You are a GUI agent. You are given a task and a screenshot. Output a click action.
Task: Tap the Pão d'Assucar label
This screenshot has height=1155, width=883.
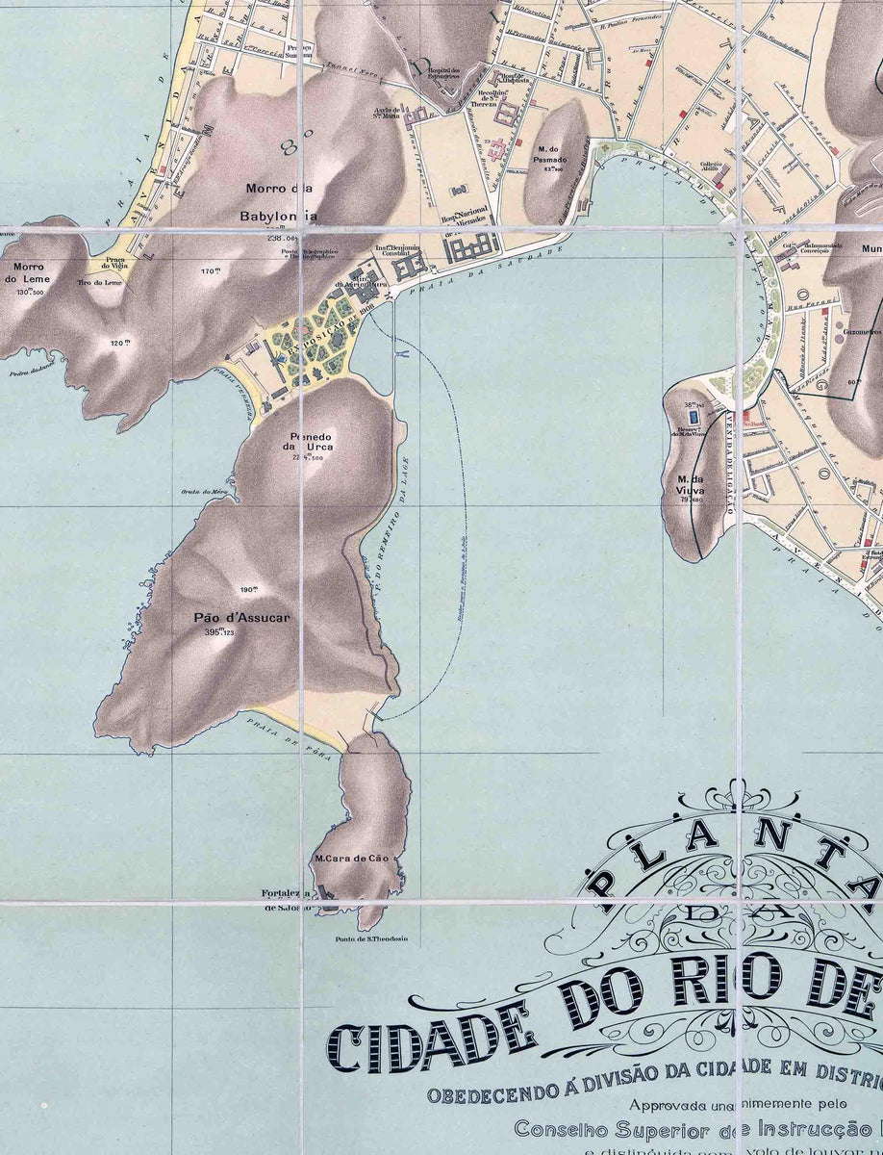pos(234,618)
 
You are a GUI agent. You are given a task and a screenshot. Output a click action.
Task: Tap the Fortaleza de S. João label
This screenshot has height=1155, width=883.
pos(287,899)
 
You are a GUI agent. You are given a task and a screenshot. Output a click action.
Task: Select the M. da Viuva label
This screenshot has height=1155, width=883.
pos(691,484)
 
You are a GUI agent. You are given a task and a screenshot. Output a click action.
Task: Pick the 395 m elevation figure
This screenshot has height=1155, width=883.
pos(218,632)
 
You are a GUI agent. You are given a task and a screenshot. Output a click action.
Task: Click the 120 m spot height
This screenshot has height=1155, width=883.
pos(119,343)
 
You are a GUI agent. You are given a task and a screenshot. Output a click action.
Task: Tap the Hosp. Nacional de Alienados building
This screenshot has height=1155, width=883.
pos(471,249)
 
